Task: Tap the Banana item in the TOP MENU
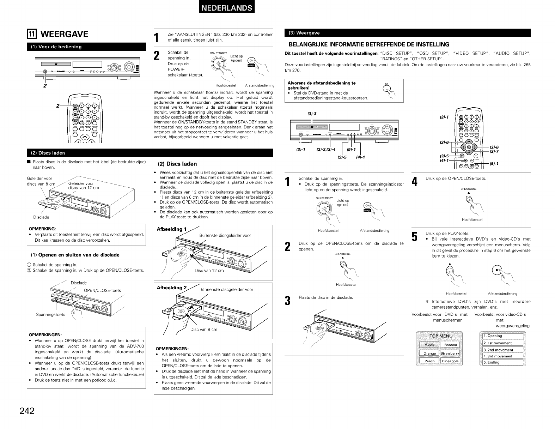(450, 345)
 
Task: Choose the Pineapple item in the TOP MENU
(450, 361)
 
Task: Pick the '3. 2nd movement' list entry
(503, 350)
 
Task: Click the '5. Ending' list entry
(503, 362)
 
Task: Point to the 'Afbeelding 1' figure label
(171, 229)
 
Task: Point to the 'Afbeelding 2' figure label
(171, 288)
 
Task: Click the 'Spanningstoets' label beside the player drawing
(50, 315)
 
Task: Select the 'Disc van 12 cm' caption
(209, 271)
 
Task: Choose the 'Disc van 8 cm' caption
(203, 330)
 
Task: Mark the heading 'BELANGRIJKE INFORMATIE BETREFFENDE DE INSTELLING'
(369, 44)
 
